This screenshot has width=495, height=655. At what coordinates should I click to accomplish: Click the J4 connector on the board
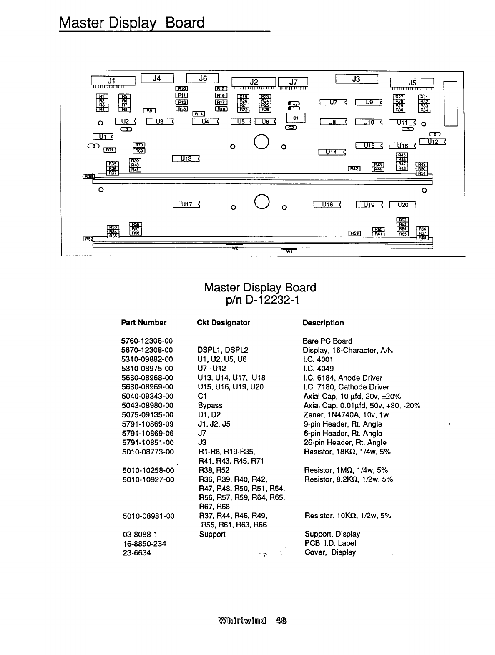click(157, 78)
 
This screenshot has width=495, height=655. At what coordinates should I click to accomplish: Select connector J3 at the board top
click(356, 79)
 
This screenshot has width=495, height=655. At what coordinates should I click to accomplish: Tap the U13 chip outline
click(186, 158)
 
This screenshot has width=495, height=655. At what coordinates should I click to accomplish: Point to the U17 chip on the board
click(186, 204)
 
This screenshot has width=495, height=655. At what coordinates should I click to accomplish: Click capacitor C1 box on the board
click(296, 118)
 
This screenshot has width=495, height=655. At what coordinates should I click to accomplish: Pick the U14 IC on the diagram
click(332, 152)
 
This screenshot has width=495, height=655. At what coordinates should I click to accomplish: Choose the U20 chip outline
click(403, 205)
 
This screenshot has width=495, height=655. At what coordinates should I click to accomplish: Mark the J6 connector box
click(203, 78)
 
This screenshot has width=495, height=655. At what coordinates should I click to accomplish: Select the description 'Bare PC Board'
click(327, 341)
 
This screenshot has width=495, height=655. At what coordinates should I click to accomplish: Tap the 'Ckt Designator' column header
click(223, 323)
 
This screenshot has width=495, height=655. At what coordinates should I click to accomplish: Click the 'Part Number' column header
click(143, 323)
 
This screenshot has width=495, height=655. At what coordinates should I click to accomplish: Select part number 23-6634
click(136, 553)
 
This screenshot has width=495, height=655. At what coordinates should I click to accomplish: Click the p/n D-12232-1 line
click(260, 300)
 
